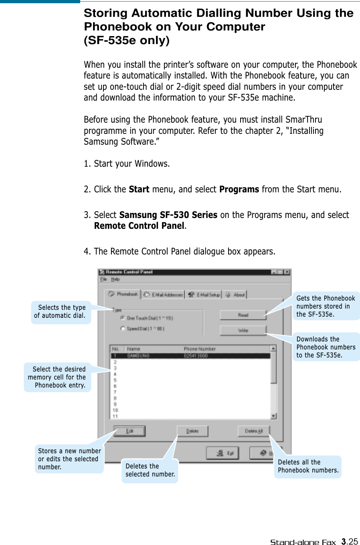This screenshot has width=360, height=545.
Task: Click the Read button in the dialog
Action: point(243,315)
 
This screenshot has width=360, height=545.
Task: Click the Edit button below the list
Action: point(129,431)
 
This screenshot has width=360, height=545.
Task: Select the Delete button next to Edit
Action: point(192,431)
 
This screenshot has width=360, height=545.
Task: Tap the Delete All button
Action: point(253,431)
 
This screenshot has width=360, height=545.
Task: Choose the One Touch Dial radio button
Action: point(123,318)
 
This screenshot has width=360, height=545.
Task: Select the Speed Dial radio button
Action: point(123,329)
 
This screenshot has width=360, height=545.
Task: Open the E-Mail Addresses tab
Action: point(163,295)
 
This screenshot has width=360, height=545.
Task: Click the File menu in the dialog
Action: point(103,279)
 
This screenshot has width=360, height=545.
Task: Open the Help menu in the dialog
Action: point(115,279)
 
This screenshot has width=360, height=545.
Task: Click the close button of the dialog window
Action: point(287,272)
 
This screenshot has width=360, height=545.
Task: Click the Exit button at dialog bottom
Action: point(222,453)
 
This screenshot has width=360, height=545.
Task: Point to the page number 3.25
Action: point(350,541)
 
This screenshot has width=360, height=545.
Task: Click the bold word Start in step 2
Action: point(139,189)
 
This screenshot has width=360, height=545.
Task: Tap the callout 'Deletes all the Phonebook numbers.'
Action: point(308,466)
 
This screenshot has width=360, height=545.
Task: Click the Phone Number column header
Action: point(200,349)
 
